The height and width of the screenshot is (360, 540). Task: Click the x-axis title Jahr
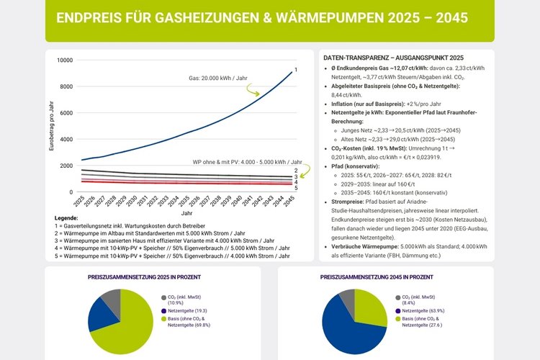pyautogui.click(x=186, y=213)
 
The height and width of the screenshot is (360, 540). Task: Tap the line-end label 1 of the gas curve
pyautogui.click(x=296, y=69)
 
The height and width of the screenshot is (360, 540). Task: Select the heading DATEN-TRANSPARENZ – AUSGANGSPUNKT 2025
pyautogui.click(x=393, y=57)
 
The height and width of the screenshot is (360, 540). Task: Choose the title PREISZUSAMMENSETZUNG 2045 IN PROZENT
pyautogui.click(x=386, y=276)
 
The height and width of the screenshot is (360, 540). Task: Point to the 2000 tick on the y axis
pyautogui.click(x=66, y=166)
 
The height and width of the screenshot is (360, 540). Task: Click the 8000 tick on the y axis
pyautogui.click(x=66, y=86)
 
